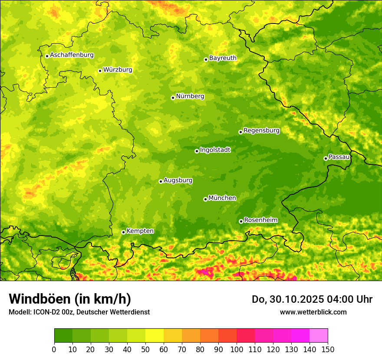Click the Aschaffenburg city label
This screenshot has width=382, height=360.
(72, 55)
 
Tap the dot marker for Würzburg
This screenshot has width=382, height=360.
(100, 71)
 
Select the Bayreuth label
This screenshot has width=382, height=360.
(223, 58)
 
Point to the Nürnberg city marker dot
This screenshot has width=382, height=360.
(173, 98)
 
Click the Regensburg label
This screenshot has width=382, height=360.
(261, 130)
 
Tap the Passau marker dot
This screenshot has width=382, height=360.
(326, 158)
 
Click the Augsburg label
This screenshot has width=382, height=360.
(178, 180)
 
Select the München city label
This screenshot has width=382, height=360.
(222, 198)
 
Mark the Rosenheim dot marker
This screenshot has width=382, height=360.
(241, 221)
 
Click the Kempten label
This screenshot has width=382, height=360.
(140, 231)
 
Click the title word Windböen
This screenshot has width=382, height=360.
(40, 299)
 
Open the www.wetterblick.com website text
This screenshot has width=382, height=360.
(313, 312)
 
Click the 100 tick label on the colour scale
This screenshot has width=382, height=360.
(236, 349)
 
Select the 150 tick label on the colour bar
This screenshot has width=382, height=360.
(328, 349)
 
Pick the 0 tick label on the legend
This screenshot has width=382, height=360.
(54, 349)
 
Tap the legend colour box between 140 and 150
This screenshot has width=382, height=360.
(319, 336)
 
